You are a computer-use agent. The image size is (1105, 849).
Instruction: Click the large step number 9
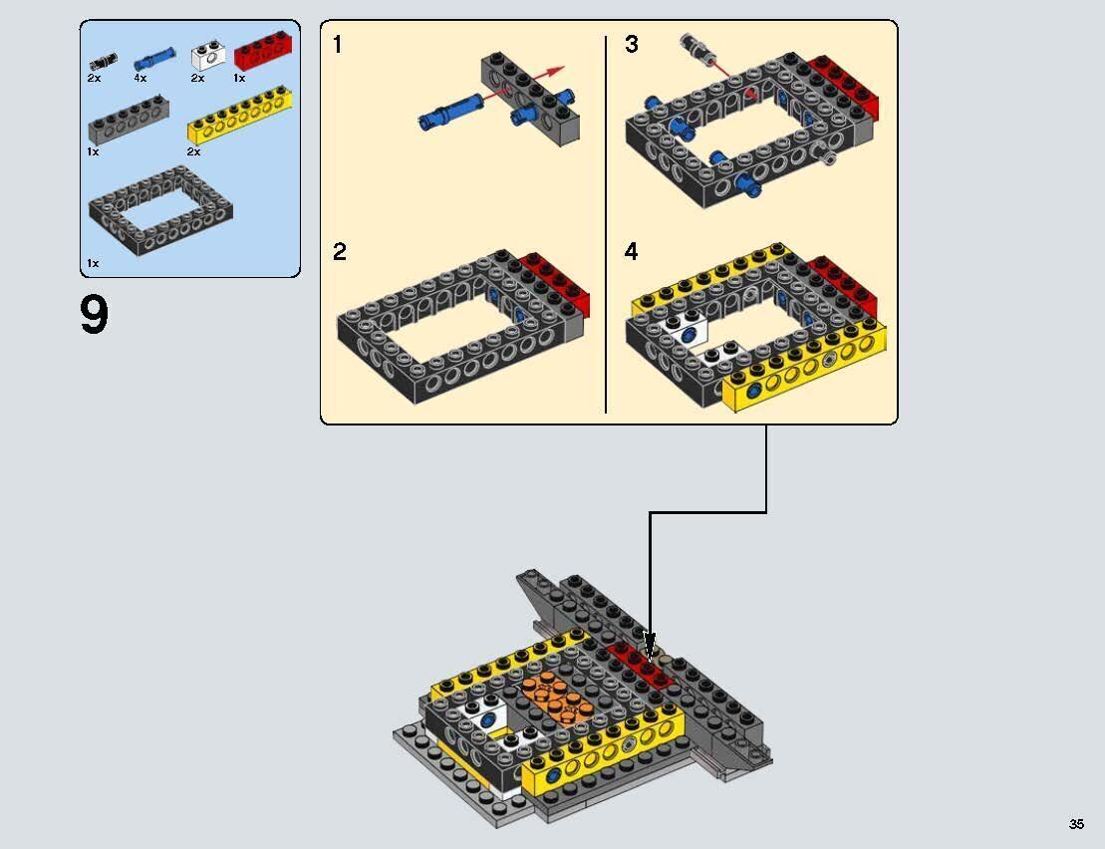pyautogui.click(x=94, y=316)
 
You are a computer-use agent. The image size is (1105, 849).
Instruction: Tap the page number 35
pyautogui.click(x=1076, y=824)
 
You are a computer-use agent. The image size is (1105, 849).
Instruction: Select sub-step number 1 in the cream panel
pyautogui.click(x=338, y=45)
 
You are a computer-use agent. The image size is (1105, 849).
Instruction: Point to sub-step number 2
pyautogui.click(x=339, y=252)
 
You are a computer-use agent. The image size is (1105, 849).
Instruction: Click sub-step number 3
pyautogui.click(x=631, y=45)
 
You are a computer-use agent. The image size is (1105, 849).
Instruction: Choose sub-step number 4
pyautogui.click(x=631, y=252)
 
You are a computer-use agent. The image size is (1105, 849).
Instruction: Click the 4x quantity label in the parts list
pyautogui.click(x=140, y=78)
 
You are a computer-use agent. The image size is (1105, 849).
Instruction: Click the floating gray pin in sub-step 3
pyautogui.click(x=692, y=46)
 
